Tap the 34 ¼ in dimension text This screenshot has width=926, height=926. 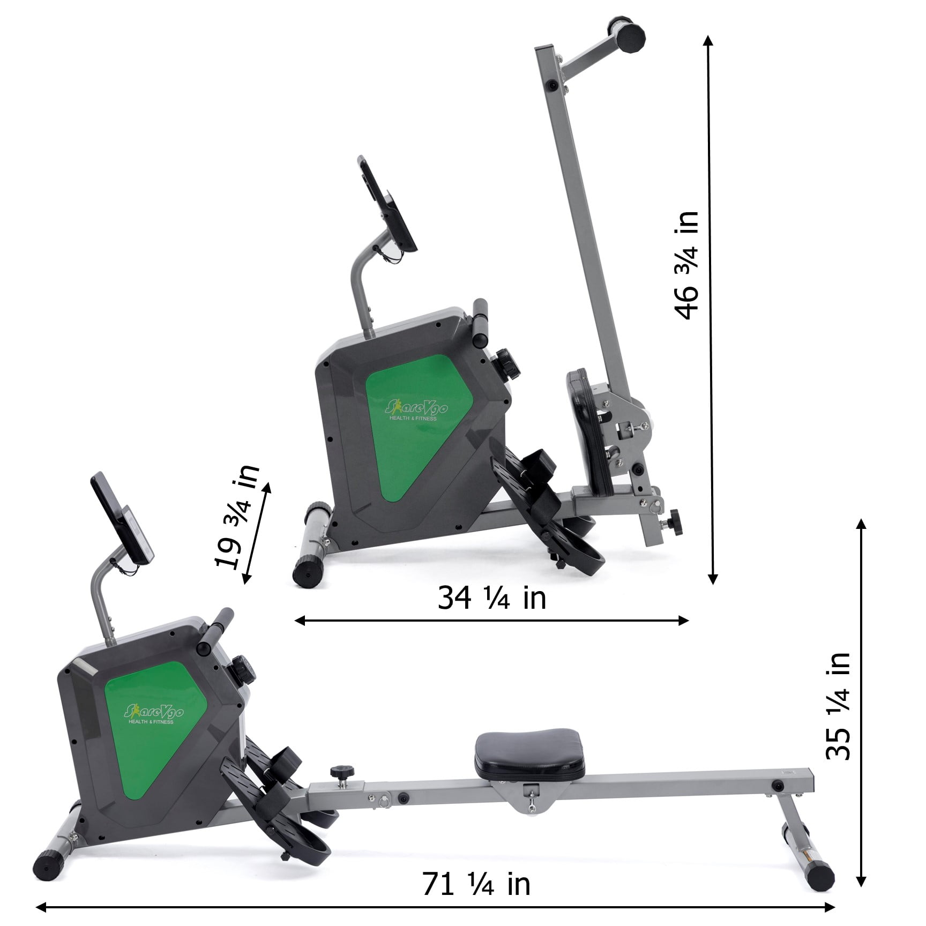pyautogui.click(x=491, y=598)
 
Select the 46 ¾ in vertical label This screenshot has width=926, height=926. pyautogui.click(x=686, y=265)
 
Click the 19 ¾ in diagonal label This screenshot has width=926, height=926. pyautogui.click(x=236, y=516)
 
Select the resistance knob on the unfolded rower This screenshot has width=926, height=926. pyautogui.click(x=244, y=670)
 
